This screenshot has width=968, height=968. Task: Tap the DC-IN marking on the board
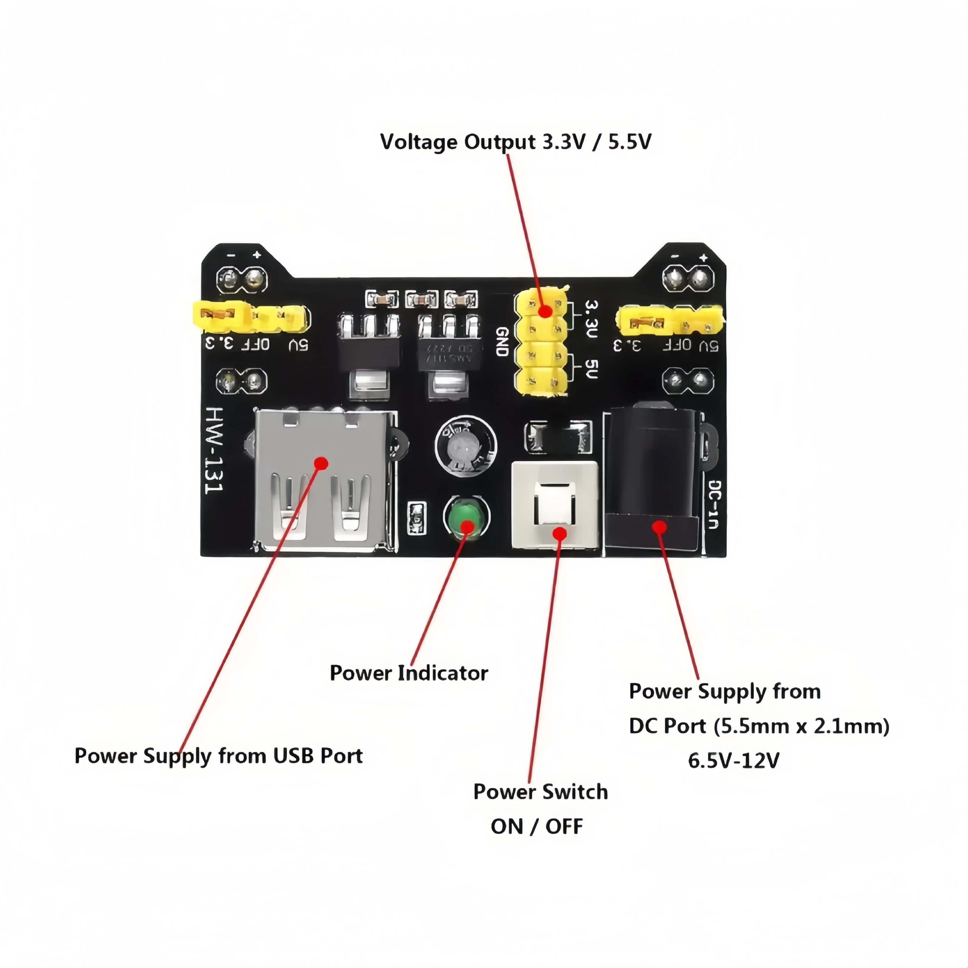tap(714, 504)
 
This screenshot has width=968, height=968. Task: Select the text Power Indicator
tap(408, 673)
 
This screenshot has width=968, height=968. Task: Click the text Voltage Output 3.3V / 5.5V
tap(515, 142)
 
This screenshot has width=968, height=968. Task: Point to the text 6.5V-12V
tap(734, 760)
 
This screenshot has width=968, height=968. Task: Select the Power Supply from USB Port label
tap(218, 756)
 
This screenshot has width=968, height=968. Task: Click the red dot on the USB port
tap(322, 463)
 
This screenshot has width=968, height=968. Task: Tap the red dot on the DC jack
tap(659, 527)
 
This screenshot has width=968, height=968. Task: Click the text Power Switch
tap(540, 792)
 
